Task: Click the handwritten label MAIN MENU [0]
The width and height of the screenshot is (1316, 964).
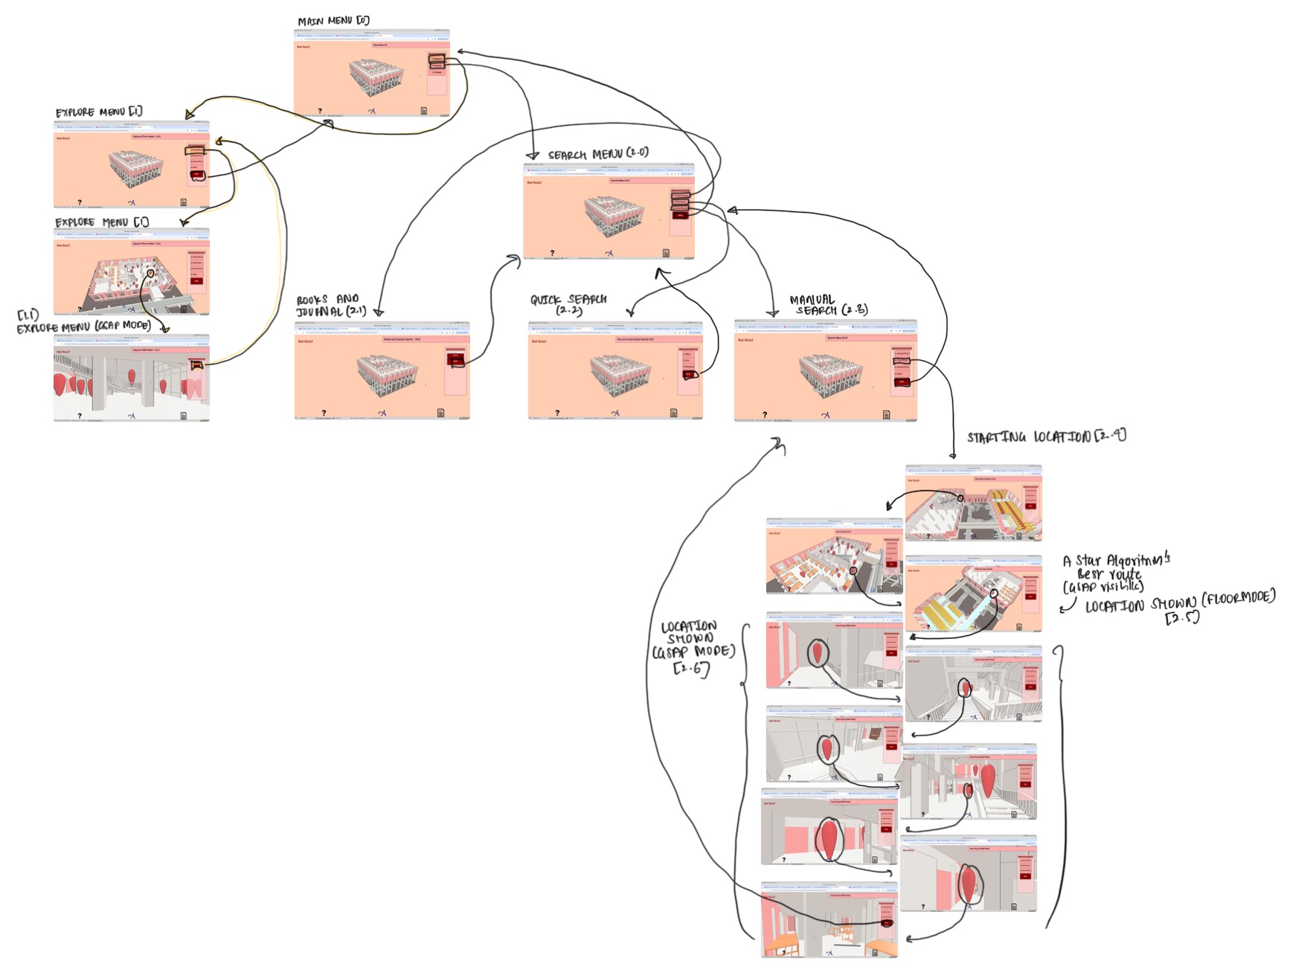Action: click(333, 21)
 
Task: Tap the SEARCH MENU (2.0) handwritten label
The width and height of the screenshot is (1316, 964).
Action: click(598, 154)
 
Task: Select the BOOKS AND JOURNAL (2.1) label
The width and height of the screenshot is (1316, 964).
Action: click(330, 306)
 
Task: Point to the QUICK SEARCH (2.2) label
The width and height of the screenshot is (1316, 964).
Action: click(568, 303)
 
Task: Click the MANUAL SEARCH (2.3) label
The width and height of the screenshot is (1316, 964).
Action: click(828, 305)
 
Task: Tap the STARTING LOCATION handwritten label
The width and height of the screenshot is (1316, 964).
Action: click(1046, 437)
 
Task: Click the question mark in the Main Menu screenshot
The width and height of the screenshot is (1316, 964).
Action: click(321, 111)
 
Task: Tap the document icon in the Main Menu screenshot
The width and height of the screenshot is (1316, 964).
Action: click(424, 111)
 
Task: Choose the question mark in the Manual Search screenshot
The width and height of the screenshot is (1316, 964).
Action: click(765, 414)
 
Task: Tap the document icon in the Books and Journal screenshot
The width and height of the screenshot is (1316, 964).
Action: click(440, 413)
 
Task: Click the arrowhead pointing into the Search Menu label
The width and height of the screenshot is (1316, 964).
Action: click(532, 156)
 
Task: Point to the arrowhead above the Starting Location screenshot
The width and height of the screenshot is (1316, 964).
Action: click(953, 455)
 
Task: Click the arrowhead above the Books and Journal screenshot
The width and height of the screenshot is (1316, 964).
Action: click(379, 313)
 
